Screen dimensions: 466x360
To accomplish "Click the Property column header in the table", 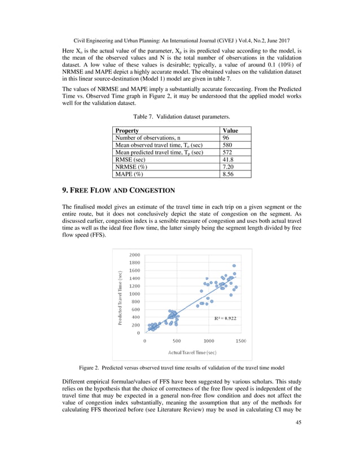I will point(127,130).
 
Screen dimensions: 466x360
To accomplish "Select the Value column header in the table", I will point(230,130).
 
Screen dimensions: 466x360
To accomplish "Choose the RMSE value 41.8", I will point(228,160).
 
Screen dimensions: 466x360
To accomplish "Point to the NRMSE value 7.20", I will point(228,167).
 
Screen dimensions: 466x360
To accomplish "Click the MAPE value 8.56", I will point(228,174).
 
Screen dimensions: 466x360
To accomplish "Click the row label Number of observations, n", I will point(148,138).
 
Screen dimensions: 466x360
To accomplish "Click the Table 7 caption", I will point(179,117).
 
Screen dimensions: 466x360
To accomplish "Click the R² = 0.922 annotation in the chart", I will point(225,318).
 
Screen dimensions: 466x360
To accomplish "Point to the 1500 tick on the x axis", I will point(240,341).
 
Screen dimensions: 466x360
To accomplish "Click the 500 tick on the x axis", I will point(177,341).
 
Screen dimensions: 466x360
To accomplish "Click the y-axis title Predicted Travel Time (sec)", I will point(120,298).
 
